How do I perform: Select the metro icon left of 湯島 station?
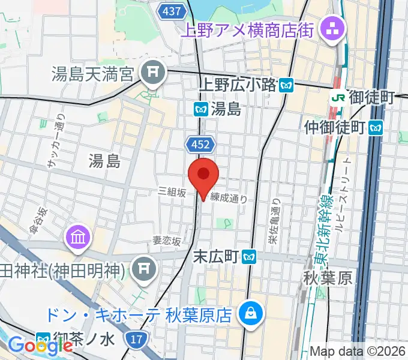pyautogui.click(x=200, y=109)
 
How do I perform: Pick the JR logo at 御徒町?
pyautogui.click(x=337, y=97)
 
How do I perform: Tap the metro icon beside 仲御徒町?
pyautogui.click(x=376, y=127)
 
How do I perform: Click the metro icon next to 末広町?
pyautogui.click(x=250, y=257)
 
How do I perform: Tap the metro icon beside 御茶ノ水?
pyautogui.click(x=43, y=339)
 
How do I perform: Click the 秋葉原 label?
pyautogui.click(x=328, y=278)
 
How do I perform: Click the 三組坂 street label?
pyautogui.click(x=172, y=191)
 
